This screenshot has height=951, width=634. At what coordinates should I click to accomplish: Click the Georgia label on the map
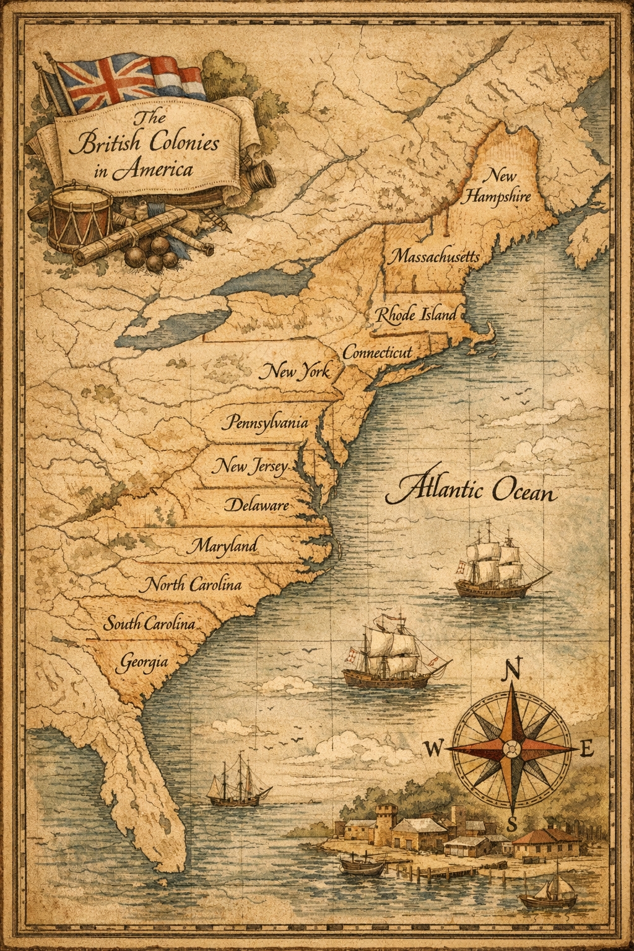(142, 661)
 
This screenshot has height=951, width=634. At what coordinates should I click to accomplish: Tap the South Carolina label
(149, 623)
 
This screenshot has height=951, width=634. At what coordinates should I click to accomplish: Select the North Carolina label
(192, 584)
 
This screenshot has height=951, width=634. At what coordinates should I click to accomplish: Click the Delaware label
(256, 505)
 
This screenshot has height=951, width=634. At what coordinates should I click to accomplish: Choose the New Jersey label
(249, 465)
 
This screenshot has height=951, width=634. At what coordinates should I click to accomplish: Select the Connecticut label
(377, 352)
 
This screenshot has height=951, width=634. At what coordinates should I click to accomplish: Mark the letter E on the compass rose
(588, 750)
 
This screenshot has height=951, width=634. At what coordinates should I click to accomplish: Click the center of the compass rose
(511, 749)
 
